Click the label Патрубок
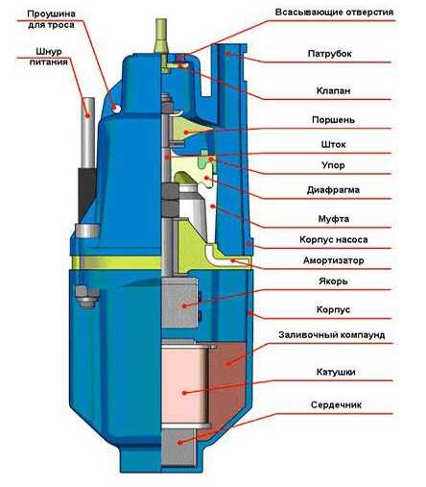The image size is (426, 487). [329, 54]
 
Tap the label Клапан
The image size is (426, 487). [333, 90]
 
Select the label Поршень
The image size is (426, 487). [333, 120]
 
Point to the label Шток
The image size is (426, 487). [333, 144]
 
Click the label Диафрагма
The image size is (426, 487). [333, 190]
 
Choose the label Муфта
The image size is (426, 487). [333, 219]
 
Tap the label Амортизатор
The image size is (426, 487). [333, 260]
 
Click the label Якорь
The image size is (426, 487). [333, 281]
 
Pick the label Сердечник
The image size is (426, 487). [336, 404]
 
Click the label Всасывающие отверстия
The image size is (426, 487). [334, 12]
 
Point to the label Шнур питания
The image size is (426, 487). [49, 57]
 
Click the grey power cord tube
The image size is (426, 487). [88, 133]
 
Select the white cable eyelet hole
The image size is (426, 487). [116, 109]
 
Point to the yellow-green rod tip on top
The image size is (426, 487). [160, 36]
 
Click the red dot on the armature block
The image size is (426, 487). [184, 306]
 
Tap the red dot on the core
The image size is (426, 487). [180, 443]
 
